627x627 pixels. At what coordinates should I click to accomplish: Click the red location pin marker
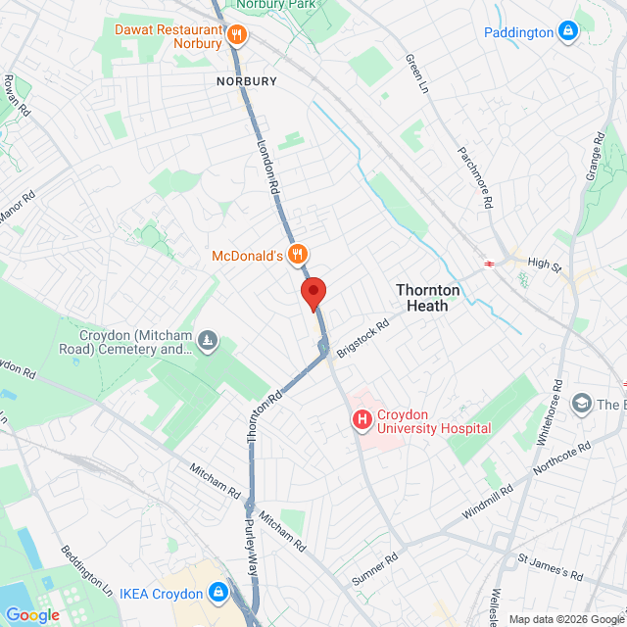point(313,292)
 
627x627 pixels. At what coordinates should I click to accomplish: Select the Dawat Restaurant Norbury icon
point(236,36)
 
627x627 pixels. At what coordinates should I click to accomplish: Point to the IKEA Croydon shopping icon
point(217,593)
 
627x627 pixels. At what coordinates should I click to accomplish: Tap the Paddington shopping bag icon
point(567,32)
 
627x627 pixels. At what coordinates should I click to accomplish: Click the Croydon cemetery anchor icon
point(208,341)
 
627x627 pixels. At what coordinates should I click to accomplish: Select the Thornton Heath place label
point(422,298)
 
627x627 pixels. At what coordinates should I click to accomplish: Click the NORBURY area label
point(247,81)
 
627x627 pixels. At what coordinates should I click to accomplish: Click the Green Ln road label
point(417,73)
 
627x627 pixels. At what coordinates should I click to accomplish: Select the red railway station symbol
point(487,262)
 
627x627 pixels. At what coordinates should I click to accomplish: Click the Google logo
point(32,615)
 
